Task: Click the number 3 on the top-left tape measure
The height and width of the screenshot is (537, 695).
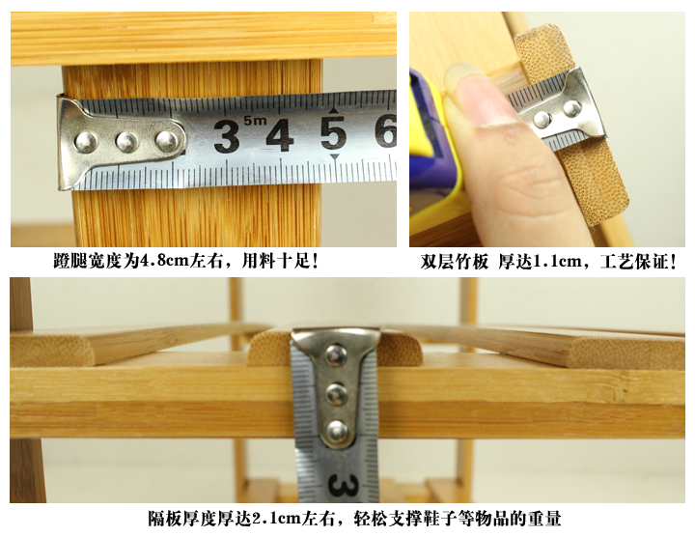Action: [227, 136]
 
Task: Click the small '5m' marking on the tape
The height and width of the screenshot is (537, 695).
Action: [255, 121]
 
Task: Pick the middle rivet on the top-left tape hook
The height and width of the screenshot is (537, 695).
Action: [125, 141]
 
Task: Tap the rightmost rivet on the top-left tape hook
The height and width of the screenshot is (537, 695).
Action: [166, 141]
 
